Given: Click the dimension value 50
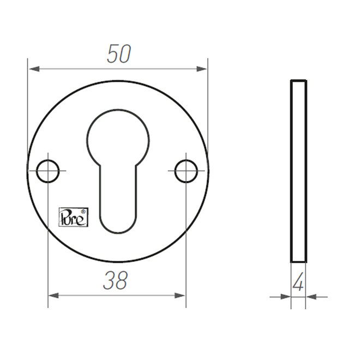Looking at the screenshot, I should [118, 55].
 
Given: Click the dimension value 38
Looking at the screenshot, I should [115, 281].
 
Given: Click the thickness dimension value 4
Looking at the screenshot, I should [298, 284].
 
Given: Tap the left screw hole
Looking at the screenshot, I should [49, 171].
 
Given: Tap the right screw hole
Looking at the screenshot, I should [186, 171].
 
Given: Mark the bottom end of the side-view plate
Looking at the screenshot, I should [298, 261].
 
